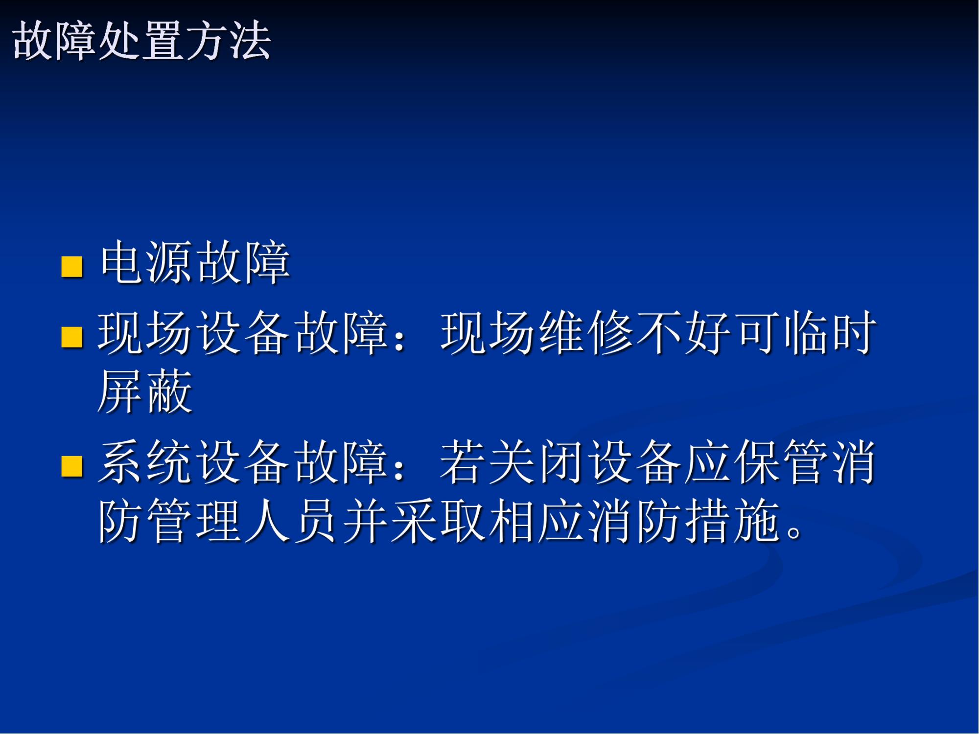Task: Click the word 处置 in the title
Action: point(141,41)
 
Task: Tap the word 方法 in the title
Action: point(228,41)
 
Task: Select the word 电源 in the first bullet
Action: point(146,262)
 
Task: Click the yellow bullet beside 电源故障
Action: point(72,266)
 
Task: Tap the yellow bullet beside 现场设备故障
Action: point(72,337)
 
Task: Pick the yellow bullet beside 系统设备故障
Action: point(72,465)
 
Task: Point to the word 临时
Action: point(830,333)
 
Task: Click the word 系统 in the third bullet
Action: point(145,461)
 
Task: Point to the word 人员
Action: point(292,520)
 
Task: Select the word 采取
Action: point(439,520)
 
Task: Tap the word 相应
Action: point(537,520)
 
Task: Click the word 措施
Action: point(733,520)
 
